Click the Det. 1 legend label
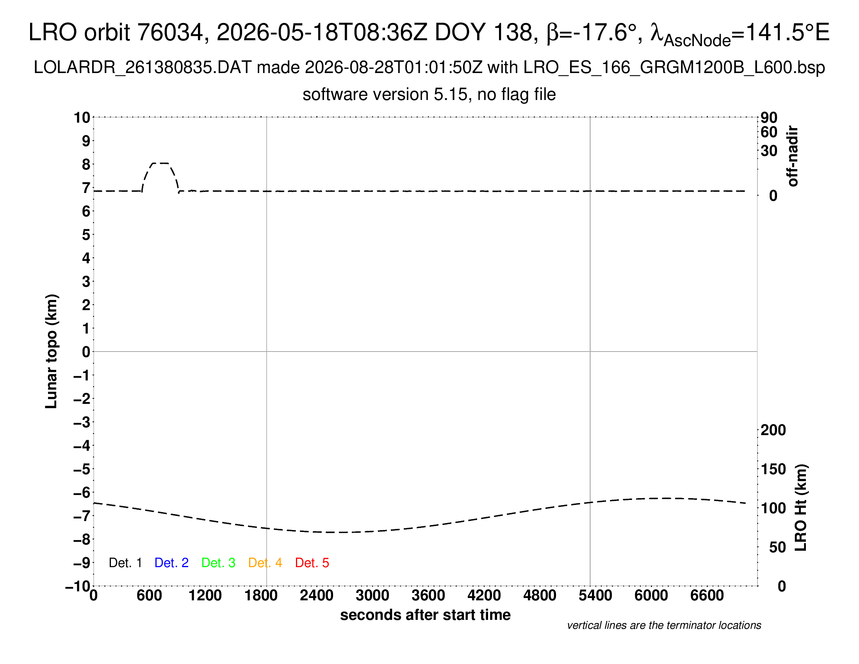point(125,563)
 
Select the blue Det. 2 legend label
point(171,563)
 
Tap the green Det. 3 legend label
point(218,563)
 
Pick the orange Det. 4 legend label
point(265,563)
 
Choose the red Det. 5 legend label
point(312,563)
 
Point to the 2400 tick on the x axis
point(317,596)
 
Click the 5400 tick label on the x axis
point(595,596)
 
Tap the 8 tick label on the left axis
point(86,164)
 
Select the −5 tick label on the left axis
point(82,469)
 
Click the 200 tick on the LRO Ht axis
point(773,430)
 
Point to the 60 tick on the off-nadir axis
point(769,132)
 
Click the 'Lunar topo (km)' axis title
point(52,351)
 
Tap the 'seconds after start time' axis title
point(425,615)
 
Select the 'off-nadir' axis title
point(793,156)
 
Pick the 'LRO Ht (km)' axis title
point(800,508)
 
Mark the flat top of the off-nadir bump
point(160,163)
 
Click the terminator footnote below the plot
point(664,625)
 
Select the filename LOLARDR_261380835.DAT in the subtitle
point(143,68)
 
